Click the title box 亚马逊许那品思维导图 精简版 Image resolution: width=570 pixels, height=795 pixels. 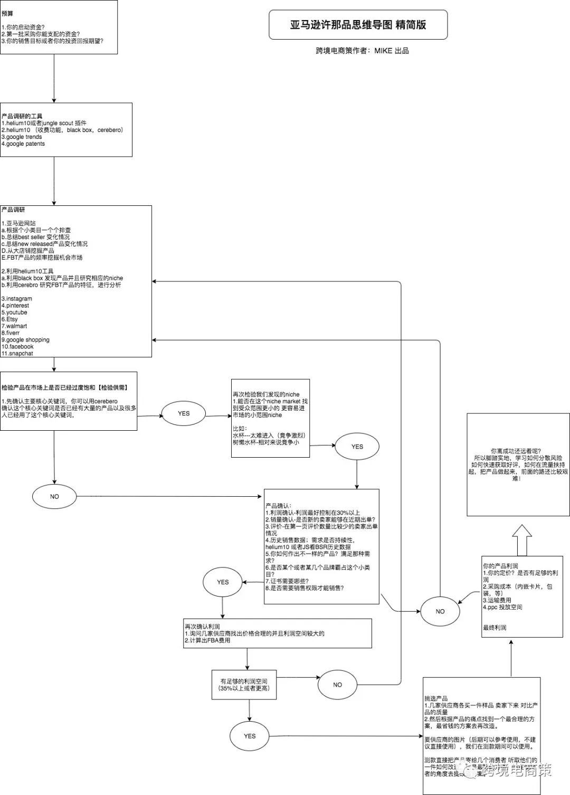[358, 25]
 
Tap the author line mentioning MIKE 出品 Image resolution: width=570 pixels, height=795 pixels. [362, 51]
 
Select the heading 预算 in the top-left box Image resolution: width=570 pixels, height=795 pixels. [8, 14]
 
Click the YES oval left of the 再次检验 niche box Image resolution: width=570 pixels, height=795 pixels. [184, 413]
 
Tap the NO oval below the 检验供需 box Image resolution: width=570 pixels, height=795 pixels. [54, 496]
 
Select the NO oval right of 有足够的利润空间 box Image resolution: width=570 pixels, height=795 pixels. [337, 685]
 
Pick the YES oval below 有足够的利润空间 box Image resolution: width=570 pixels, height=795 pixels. [250, 736]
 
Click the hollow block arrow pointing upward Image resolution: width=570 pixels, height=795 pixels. [521, 539]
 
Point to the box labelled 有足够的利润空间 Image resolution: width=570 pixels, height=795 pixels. [244, 685]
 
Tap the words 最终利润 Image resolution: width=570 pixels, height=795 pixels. [495, 628]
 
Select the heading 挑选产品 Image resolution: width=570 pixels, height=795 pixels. [436, 698]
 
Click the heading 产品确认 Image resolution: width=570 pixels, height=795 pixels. [278, 506]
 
